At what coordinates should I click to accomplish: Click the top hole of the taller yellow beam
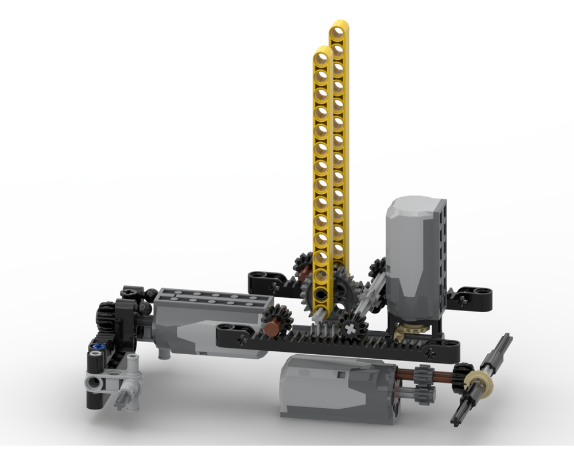click(339, 28)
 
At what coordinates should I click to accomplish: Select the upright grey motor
click(412, 253)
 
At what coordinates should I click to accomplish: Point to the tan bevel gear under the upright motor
click(409, 329)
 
